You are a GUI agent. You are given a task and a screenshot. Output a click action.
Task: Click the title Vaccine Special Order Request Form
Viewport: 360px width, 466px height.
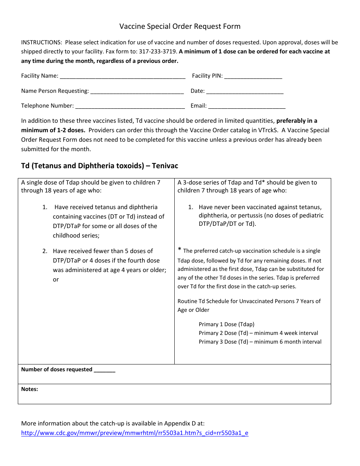pos(180,26)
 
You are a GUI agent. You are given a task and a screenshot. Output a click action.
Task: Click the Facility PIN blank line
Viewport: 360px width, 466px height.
pos(253,76)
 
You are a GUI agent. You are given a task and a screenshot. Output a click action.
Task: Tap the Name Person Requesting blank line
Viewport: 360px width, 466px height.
pos(137,91)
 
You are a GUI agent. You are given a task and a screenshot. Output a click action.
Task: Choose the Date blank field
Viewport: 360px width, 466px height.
pos(245,91)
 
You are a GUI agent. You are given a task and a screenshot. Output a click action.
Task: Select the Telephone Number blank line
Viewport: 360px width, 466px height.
pos(130,106)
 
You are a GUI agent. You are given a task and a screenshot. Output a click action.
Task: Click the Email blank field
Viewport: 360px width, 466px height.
pos(247,106)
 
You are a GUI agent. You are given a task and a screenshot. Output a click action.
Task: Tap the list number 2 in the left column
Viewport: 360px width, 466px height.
pos(45,251)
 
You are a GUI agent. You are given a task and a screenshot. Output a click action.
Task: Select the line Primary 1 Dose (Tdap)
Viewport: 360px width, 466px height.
pos(226,324)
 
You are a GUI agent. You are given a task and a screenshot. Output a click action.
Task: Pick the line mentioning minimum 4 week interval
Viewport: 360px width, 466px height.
pos(258,333)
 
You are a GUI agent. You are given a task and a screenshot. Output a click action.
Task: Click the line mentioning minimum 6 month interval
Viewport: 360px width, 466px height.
pos(260,342)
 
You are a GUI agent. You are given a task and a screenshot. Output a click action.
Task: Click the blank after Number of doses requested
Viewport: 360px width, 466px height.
pos(105,370)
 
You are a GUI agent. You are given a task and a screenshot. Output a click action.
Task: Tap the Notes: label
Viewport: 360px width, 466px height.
pos(30,389)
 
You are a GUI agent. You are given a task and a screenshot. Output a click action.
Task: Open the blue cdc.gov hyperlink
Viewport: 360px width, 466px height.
pos(135,433)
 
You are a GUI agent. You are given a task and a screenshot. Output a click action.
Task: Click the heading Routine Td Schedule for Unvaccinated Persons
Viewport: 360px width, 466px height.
pos(249,301)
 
